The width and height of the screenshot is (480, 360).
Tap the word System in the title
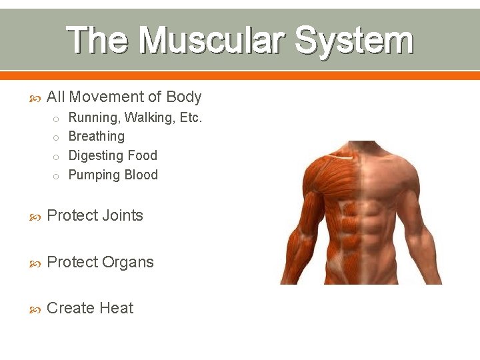click(x=354, y=41)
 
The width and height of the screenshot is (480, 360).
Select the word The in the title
click(x=99, y=41)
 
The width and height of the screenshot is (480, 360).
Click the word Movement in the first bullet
click(x=106, y=97)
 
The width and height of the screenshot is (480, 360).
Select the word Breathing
click(x=97, y=137)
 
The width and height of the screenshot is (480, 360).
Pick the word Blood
click(x=141, y=175)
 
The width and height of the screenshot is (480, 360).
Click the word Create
click(x=69, y=309)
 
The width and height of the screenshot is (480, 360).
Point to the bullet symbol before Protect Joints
click(x=37, y=217)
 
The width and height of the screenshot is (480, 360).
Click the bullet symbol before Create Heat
click(x=37, y=309)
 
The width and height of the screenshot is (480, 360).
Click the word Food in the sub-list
click(x=143, y=156)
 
